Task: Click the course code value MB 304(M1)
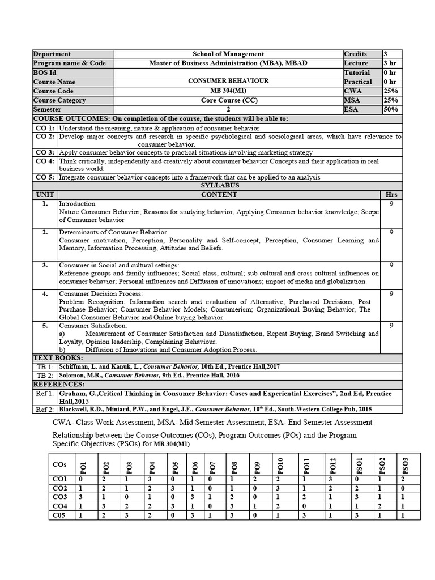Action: (228, 91)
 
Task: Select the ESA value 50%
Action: (391, 109)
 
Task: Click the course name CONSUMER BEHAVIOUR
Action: (228, 81)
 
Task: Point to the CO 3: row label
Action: (45, 152)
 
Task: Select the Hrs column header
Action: (391, 194)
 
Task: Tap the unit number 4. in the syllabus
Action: (45, 293)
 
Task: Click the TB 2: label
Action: (45, 376)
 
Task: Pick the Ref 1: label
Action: (45, 393)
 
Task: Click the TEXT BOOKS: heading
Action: (58, 358)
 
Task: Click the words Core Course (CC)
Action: (228, 100)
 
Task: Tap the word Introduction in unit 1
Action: (77, 203)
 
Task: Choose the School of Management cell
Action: (228, 54)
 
